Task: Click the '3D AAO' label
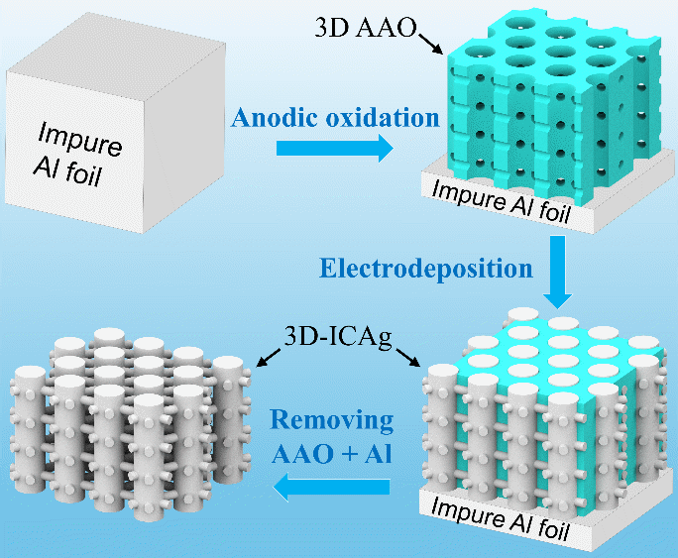pyautogui.click(x=366, y=28)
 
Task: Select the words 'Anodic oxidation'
pyautogui.click(x=335, y=118)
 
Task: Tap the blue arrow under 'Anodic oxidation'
pyautogui.click(x=335, y=148)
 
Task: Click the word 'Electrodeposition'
pyautogui.click(x=426, y=268)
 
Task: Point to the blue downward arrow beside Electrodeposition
pyautogui.click(x=558, y=272)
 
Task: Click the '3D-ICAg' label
pyautogui.click(x=338, y=337)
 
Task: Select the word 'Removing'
pyautogui.click(x=332, y=420)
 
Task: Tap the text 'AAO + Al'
pyautogui.click(x=332, y=453)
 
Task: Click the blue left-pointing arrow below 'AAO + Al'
pyautogui.click(x=331, y=487)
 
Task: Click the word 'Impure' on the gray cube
pyautogui.click(x=79, y=139)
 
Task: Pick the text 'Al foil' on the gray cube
pyautogui.click(x=67, y=170)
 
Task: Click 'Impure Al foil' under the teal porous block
pyautogui.click(x=502, y=201)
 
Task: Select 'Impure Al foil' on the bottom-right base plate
pyautogui.click(x=500, y=518)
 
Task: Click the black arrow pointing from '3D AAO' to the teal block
pyautogui.click(x=430, y=44)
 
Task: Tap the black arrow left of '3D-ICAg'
pyautogui.click(x=268, y=358)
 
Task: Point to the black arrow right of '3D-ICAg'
pyautogui.click(x=407, y=357)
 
